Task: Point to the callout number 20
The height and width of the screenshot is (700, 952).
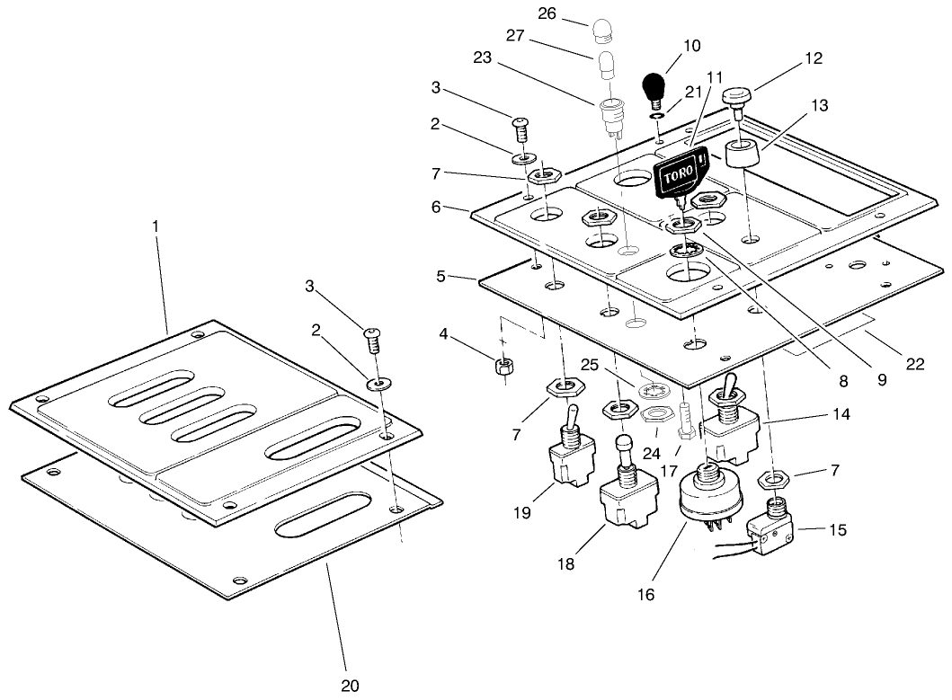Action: click(350, 686)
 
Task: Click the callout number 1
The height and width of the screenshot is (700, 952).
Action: click(155, 226)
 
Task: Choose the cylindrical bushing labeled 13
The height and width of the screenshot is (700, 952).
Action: click(742, 155)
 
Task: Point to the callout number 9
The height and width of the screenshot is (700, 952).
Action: click(881, 379)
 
